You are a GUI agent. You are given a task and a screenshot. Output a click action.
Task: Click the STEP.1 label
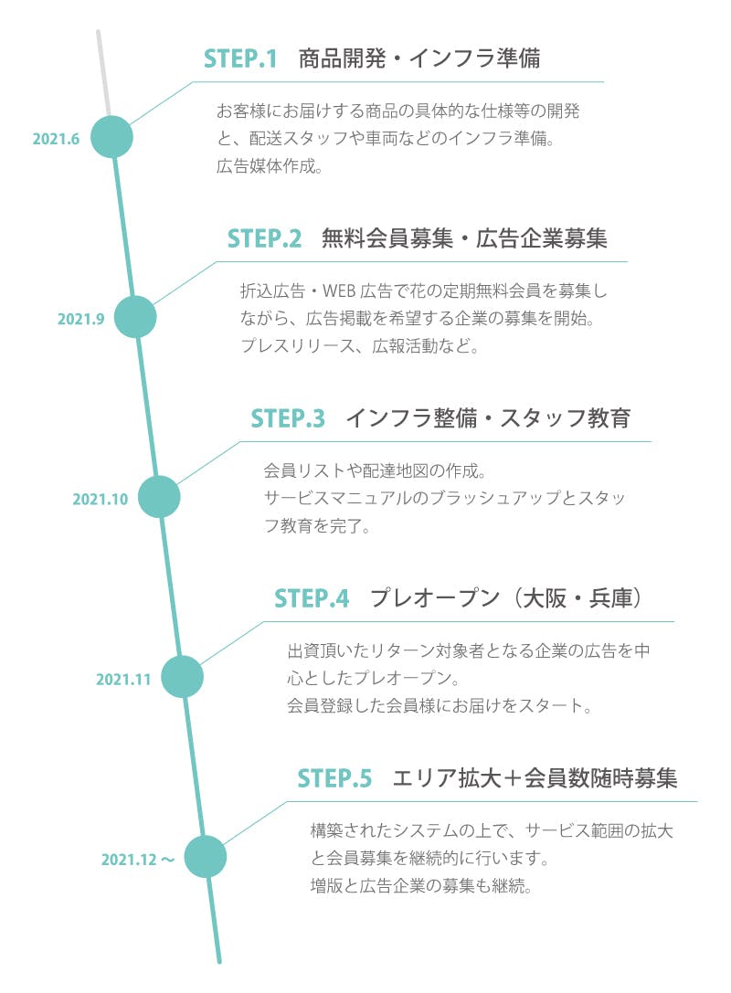239,59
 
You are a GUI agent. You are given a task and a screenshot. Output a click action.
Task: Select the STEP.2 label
264,239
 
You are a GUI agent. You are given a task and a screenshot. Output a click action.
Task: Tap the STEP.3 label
288,419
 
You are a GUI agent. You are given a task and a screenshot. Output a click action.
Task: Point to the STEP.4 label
312,599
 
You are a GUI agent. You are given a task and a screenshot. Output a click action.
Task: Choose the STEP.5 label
334,779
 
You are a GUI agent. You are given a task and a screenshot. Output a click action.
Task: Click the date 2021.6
57,139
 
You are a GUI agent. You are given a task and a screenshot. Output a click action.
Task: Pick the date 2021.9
81,319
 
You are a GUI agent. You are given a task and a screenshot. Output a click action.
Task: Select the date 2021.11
123,679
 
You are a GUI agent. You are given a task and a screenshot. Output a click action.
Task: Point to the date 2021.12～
138,860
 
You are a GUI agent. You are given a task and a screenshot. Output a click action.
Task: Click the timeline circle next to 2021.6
111,137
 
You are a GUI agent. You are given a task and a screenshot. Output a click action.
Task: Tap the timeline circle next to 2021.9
135,317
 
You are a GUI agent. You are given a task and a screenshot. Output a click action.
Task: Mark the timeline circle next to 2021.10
158,497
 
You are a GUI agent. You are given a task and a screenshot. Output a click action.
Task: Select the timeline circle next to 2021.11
182,677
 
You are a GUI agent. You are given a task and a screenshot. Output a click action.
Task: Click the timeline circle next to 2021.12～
206,857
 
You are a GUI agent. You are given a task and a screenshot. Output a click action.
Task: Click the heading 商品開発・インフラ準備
419,59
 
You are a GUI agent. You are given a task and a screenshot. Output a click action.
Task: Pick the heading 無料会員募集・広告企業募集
464,239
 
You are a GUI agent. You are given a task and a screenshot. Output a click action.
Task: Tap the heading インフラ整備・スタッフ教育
488,419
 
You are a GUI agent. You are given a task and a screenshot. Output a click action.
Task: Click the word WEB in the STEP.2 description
341,292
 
